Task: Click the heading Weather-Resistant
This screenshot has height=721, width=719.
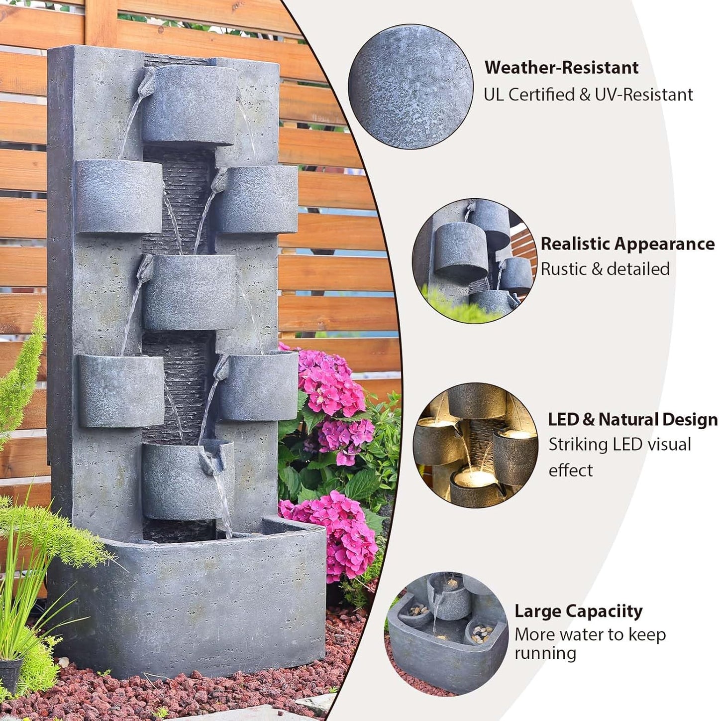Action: [x=561, y=67]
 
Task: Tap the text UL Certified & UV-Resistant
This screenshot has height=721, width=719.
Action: [x=588, y=95]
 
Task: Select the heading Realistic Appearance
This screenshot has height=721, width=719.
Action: [x=627, y=244]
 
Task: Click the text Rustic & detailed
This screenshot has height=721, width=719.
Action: [x=605, y=269]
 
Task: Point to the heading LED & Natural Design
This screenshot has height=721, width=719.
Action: [x=632, y=420]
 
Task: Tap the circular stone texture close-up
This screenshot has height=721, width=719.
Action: [x=411, y=86]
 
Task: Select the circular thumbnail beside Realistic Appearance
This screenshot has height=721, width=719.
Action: [x=474, y=260]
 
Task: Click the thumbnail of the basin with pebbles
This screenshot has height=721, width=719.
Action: [x=446, y=633]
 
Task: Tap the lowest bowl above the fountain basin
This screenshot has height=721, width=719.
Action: [x=187, y=480]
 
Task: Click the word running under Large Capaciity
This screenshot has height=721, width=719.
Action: [x=545, y=653]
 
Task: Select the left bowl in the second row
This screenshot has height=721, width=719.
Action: [x=118, y=196]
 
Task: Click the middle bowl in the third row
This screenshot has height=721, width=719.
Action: [x=189, y=292]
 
